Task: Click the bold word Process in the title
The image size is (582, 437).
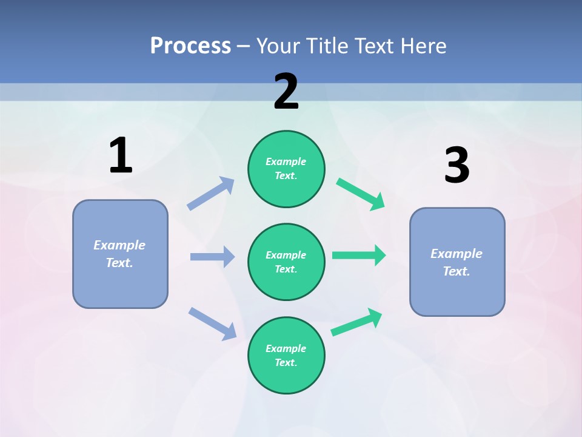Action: point(190,46)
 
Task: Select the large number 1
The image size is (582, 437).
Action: point(121,156)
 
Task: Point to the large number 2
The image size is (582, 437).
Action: point(286,92)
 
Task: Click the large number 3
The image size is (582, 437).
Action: point(457,166)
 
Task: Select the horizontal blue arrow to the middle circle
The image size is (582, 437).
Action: point(212,257)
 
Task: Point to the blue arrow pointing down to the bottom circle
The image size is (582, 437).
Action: point(212,323)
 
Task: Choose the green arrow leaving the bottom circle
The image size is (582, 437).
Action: point(356,322)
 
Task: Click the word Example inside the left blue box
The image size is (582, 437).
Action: point(119,245)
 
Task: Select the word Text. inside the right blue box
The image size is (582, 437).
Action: point(457,271)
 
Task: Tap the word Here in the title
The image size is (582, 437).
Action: point(422,46)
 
